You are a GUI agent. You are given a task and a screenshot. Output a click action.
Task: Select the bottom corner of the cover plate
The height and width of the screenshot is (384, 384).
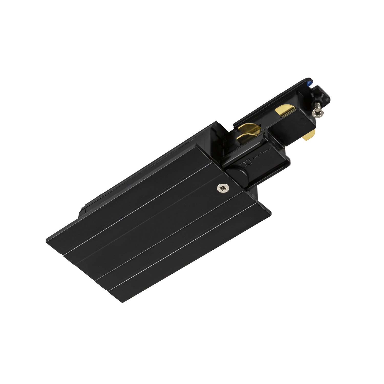click(123, 302)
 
